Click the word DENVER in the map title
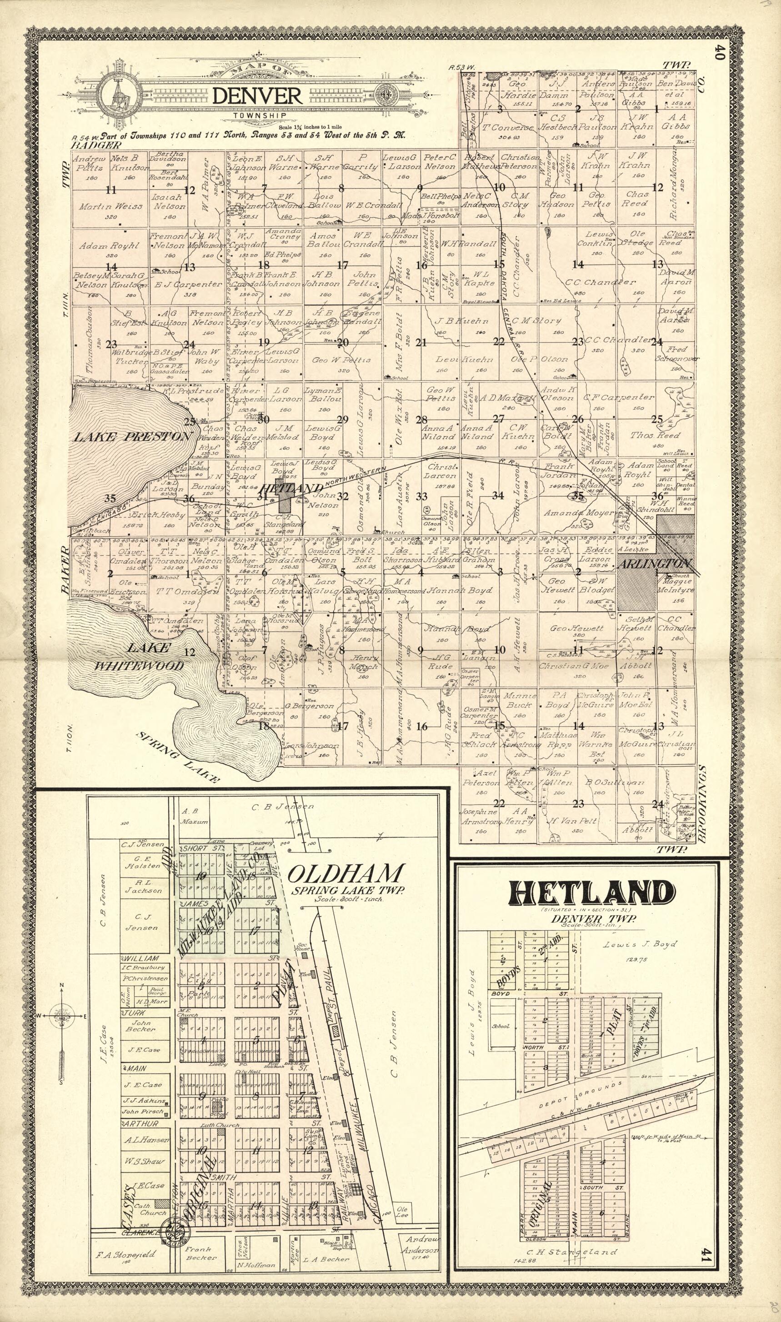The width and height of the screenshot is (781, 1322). [x=257, y=96]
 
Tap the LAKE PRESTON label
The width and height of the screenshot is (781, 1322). [x=131, y=437]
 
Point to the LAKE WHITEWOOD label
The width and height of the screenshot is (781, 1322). [x=140, y=657]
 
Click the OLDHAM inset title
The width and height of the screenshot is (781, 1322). [x=347, y=874]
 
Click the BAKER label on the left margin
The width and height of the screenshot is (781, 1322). [x=65, y=570]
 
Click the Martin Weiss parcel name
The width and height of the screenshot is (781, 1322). [x=110, y=207]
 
